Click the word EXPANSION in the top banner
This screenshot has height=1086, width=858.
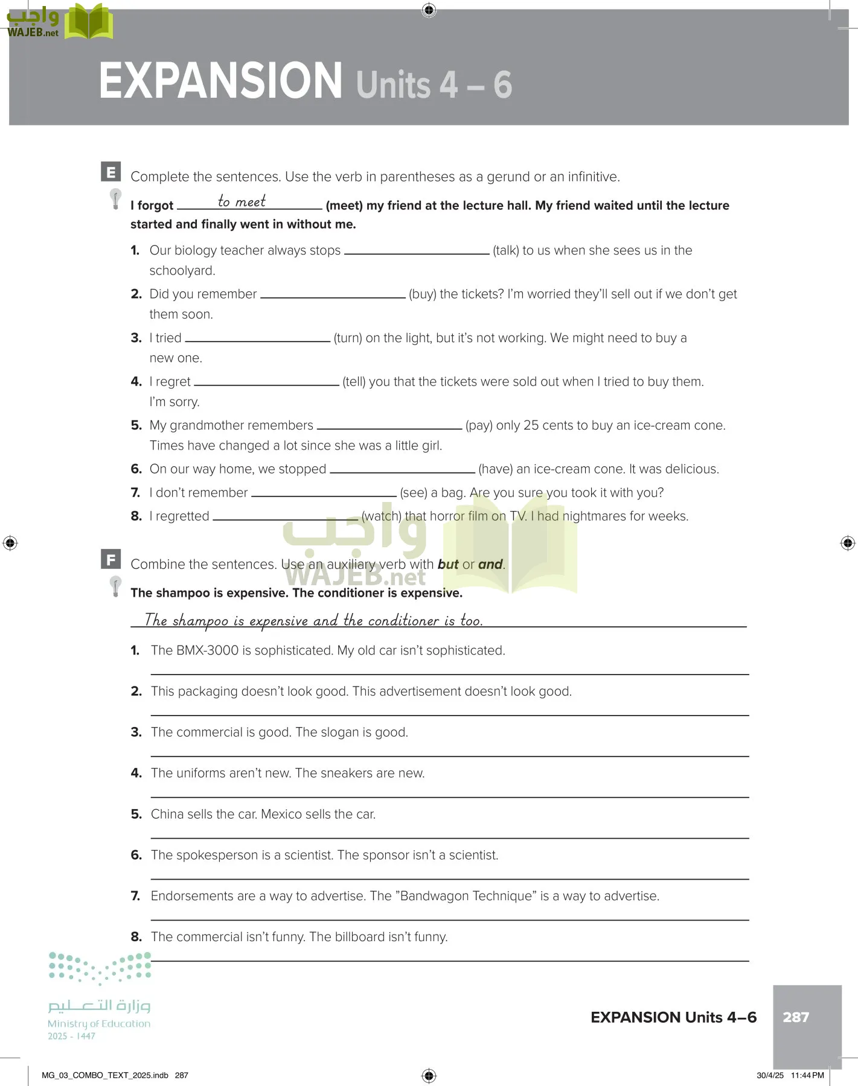click(x=220, y=81)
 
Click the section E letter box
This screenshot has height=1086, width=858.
click(x=111, y=172)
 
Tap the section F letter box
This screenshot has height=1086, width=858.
click(x=111, y=559)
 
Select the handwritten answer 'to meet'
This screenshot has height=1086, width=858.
click(x=242, y=202)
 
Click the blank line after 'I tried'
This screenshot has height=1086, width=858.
click(x=258, y=340)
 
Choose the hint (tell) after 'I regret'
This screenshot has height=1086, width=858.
click(x=354, y=382)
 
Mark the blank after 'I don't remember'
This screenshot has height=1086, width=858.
click(x=324, y=495)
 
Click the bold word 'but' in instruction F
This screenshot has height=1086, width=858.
click(x=448, y=565)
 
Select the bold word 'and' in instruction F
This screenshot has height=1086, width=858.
click(x=490, y=565)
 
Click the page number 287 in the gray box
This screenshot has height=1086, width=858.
click(x=796, y=1017)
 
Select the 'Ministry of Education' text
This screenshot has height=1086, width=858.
click(x=99, y=1024)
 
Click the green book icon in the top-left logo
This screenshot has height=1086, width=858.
click(x=89, y=22)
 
